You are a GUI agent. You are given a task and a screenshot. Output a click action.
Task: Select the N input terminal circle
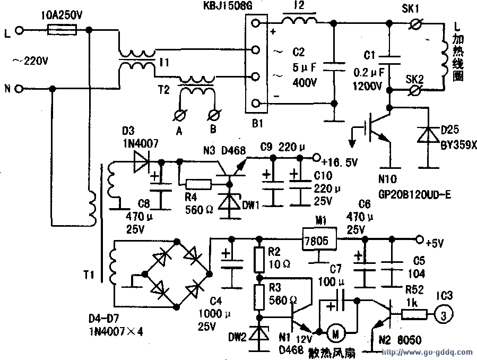pos(19,89)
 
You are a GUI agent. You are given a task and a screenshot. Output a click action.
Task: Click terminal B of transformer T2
pos(215,114)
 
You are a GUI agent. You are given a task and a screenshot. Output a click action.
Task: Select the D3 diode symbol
pos(141,158)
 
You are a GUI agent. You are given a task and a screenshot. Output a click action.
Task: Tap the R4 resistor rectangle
pos(198,184)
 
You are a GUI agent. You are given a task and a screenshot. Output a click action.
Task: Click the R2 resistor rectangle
pos(259,259)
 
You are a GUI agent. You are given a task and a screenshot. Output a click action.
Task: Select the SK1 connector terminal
pos(416,23)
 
